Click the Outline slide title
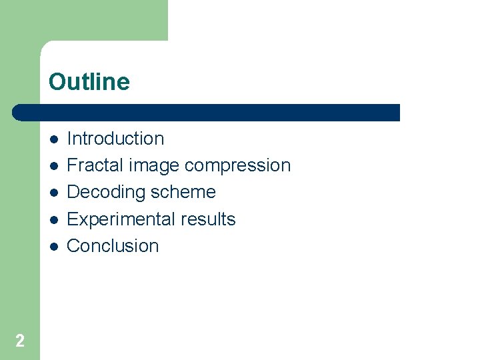coord(89,82)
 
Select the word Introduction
coord(115,139)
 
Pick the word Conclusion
coord(113,246)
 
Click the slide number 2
coord(20,341)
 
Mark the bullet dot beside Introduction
coord(53,139)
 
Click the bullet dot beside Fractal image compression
coord(53,166)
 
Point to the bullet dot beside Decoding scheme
coord(53,193)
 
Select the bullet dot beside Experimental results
coord(53,219)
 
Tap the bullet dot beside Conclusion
coord(53,246)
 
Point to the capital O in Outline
coord(57,82)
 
